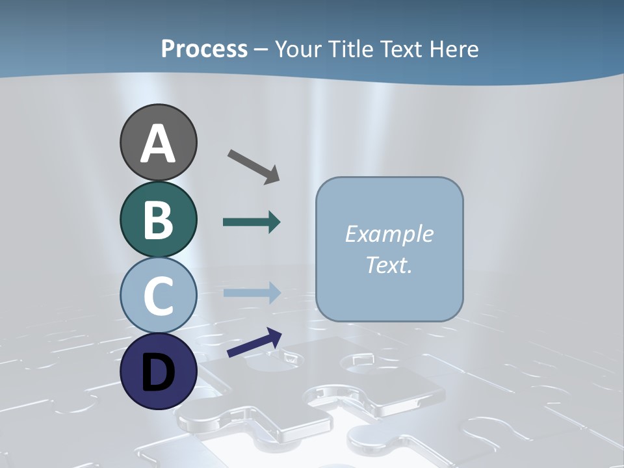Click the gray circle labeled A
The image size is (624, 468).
coord(158,142)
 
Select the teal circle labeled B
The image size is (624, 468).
coord(158,219)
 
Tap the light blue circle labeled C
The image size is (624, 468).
coord(158,295)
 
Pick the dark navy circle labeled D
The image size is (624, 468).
coord(158,371)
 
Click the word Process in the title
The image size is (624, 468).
coord(204,49)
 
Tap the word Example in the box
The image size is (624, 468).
coord(389,234)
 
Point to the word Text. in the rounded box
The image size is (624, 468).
coord(389,265)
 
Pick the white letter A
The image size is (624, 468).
coord(158,144)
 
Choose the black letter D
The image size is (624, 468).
coord(158,372)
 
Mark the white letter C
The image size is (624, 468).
coord(158,296)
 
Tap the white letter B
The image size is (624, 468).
coord(158,220)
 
